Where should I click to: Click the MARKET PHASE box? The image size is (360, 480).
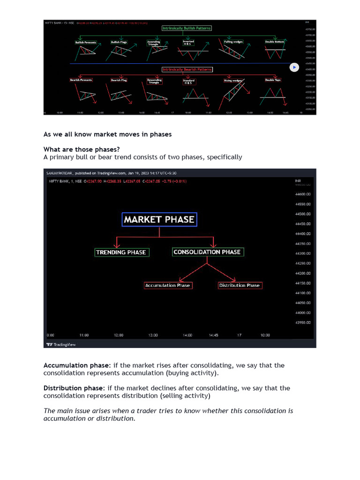tap(159, 219)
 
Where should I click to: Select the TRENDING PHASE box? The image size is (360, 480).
tap(121, 252)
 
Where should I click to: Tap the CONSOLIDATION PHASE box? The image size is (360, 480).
tap(207, 252)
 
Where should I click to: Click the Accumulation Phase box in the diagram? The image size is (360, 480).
tap(167, 285)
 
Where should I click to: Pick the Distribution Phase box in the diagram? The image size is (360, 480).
tap(239, 285)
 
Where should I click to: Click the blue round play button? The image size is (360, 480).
tap(294, 67)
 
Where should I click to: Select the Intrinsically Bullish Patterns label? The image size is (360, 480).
tap(187, 28)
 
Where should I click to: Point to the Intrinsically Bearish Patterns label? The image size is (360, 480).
tap(187, 69)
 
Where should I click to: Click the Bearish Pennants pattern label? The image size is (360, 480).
tap(81, 80)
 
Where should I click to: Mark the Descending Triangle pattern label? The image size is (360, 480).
tap(155, 81)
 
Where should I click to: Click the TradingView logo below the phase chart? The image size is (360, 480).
tap(61, 345)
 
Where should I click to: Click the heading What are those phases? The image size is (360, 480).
tap(79, 150)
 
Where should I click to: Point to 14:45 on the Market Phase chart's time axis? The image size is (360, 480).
tap(213, 335)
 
